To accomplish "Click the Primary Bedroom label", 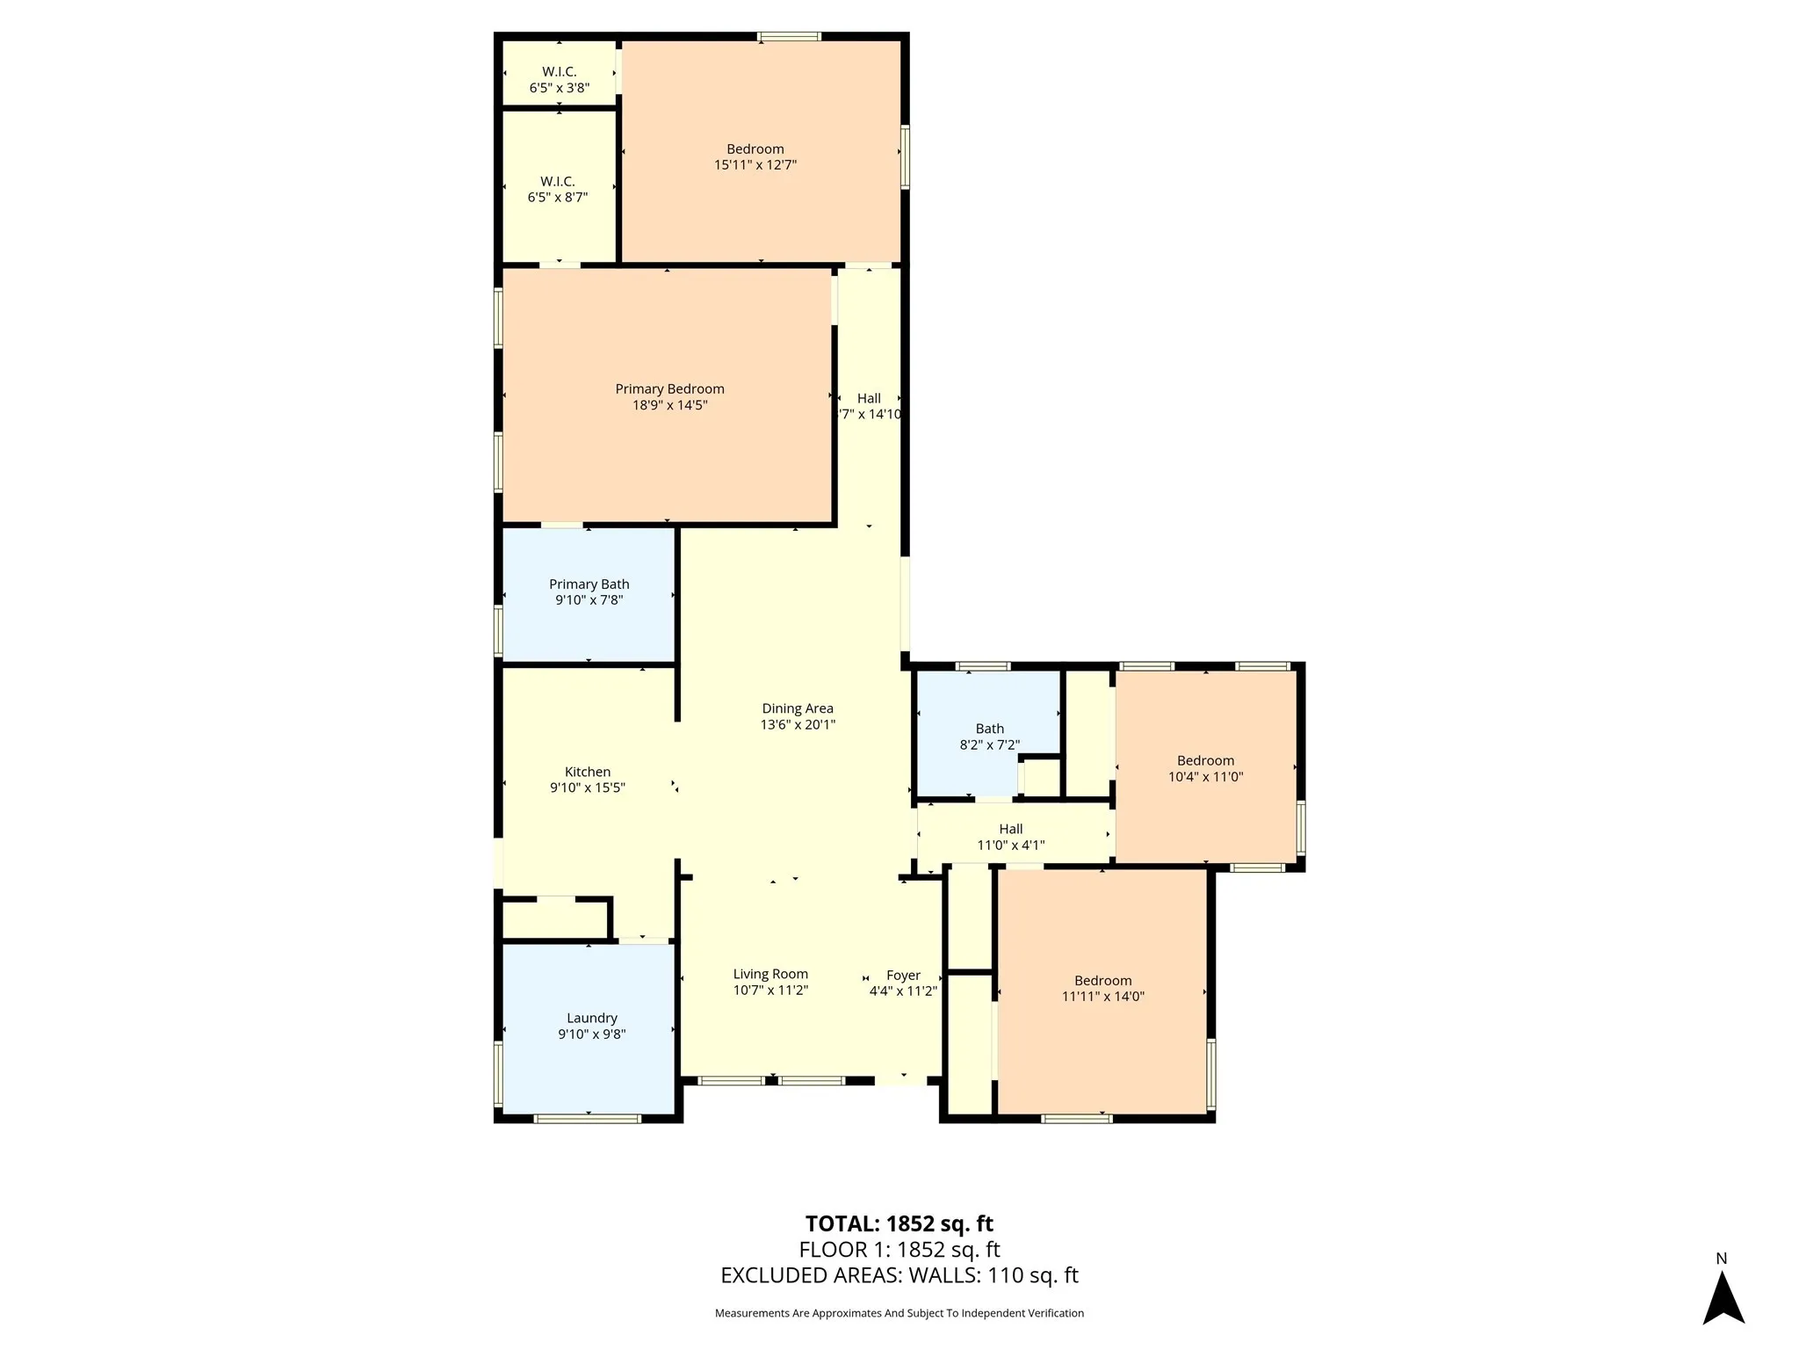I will point(669,389).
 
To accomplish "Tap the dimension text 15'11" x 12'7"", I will point(755,165).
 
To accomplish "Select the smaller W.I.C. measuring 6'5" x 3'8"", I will point(559,72).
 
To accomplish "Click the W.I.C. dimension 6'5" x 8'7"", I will point(557,198).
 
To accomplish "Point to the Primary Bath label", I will point(589,584).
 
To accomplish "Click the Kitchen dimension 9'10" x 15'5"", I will point(587,788).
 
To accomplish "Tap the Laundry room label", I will point(591,1019).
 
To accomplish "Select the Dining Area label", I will point(797,708).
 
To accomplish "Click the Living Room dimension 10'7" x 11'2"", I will point(770,991).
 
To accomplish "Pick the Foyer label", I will point(903,976).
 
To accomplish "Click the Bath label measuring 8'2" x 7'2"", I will point(989,729).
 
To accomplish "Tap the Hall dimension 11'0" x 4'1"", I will point(1010,846).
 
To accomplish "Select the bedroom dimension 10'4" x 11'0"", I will point(1205,777).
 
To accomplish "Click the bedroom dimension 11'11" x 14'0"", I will point(1102,997).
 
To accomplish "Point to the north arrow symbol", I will point(1723,1299).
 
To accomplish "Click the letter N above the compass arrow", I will point(1721,1259).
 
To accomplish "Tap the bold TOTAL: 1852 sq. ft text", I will point(899,1223).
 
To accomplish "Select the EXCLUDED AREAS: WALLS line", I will point(899,1275).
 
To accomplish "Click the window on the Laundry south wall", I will point(587,1119).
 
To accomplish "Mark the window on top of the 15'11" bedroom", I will point(789,37).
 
